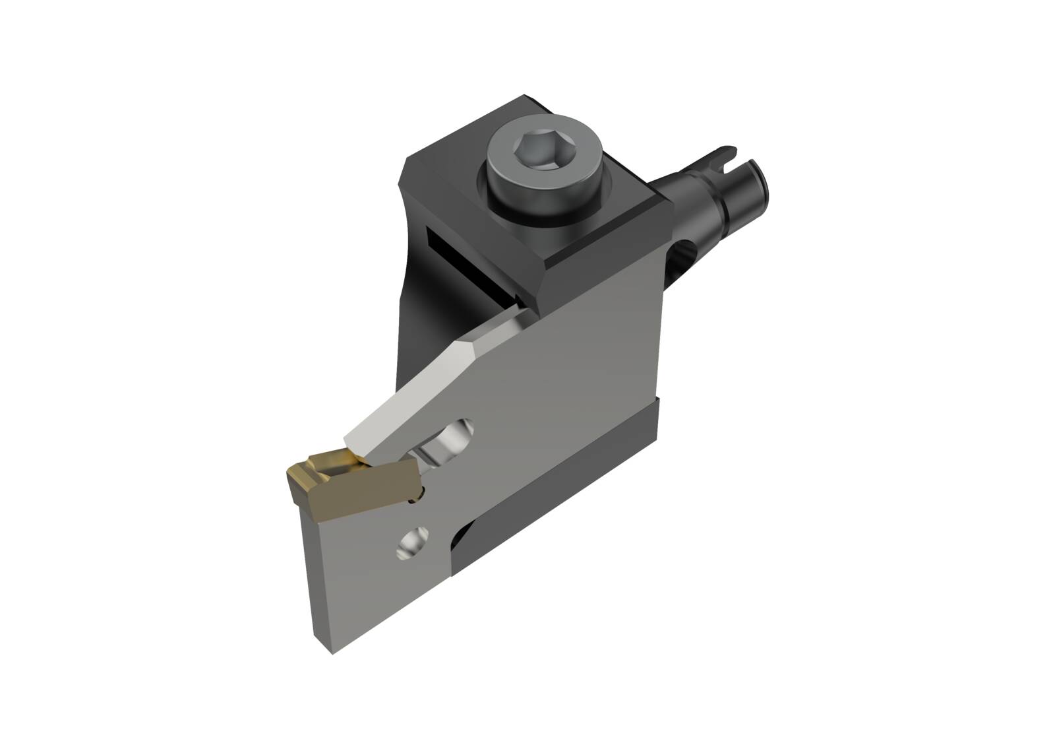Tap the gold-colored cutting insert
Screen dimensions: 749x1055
(x=349, y=474)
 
